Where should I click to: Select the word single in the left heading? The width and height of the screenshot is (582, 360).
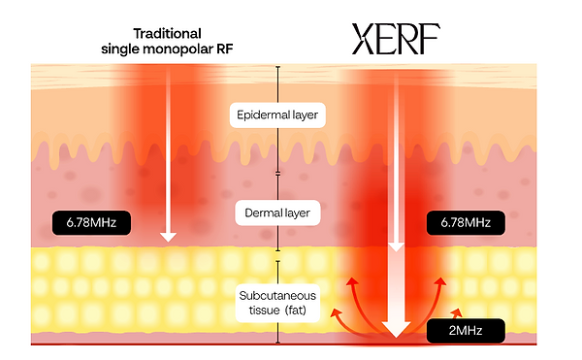pos(121,49)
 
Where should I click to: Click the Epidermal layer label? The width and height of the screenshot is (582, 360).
pos(277,115)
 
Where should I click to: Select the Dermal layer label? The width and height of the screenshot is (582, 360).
pos(278,210)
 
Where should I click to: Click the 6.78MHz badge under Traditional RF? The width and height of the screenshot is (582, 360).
pos(91,223)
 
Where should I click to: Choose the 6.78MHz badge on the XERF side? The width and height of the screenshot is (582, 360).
pos(466,223)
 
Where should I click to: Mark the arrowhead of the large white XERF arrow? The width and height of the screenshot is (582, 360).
pos(395,326)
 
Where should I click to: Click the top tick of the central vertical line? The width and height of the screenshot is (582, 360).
pos(278,67)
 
